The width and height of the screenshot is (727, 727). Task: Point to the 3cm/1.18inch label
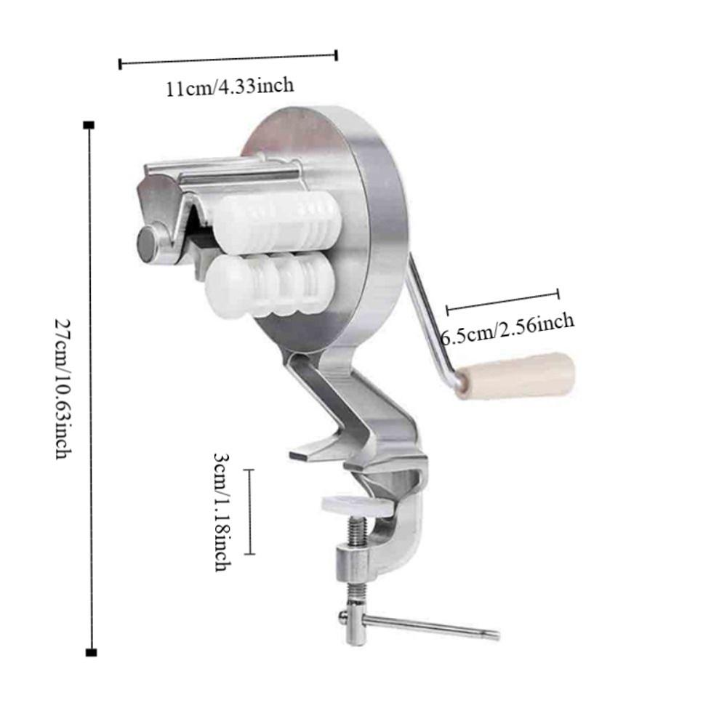click(x=222, y=511)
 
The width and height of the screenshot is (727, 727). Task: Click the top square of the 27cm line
click(x=89, y=126)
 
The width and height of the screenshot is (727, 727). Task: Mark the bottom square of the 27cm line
click(x=90, y=652)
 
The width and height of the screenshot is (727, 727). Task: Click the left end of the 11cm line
click(x=120, y=64)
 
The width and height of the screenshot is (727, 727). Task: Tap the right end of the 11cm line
click(x=337, y=55)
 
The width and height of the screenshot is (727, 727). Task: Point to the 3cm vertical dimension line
click(x=251, y=512)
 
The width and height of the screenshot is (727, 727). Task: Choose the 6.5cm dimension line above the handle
click(x=502, y=301)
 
